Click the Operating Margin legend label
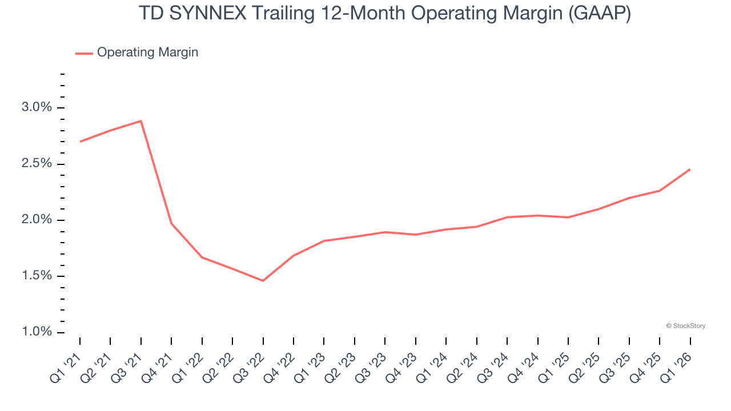(147, 53)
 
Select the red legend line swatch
(84, 53)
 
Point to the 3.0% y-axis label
(37, 108)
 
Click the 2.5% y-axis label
(37, 164)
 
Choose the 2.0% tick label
(37, 220)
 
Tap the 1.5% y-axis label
(37, 276)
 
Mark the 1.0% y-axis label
(37, 332)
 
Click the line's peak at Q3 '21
(141, 121)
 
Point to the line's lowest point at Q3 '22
(263, 281)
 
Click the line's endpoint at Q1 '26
(690, 169)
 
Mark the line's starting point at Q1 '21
(80, 142)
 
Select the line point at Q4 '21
(171, 223)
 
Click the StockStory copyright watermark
(685, 326)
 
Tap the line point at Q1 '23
(324, 241)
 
